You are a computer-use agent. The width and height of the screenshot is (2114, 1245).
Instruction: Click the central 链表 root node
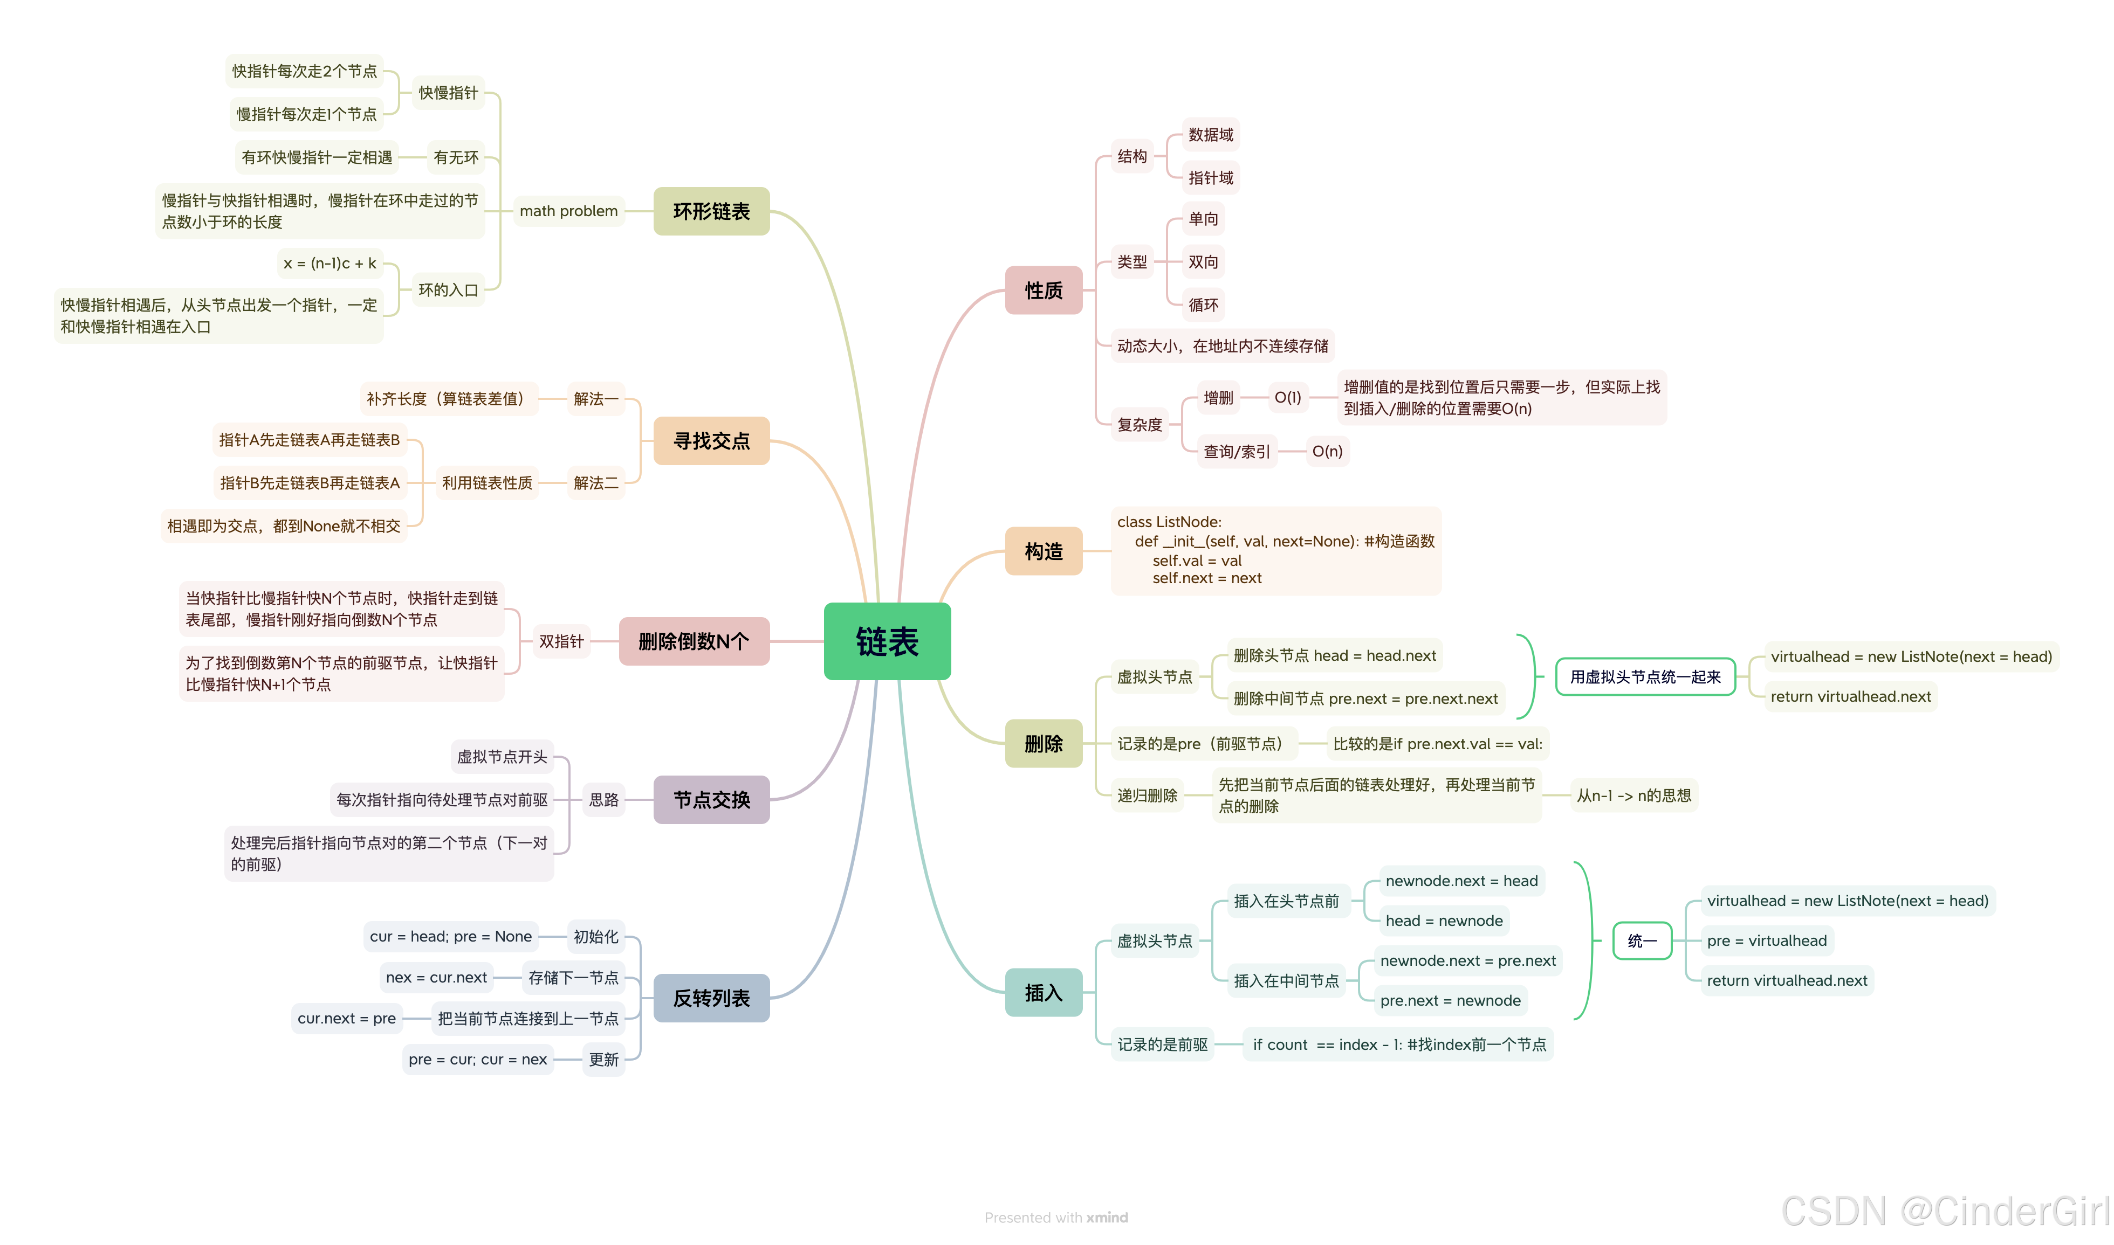click(887, 642)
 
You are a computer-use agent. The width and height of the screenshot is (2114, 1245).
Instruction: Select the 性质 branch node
click(1043, 290)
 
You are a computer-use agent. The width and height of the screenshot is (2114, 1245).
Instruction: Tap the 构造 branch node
click(1043, 551)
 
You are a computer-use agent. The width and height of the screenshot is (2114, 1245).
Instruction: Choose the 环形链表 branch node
click(711, 211)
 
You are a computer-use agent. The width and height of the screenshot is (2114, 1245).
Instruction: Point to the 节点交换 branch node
click(711, 799)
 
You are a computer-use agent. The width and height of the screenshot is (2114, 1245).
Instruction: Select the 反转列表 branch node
click(711, 998)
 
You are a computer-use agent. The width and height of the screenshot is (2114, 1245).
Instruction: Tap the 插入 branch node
click(1043, 992)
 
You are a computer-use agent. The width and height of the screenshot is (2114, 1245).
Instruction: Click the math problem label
click(568, 211)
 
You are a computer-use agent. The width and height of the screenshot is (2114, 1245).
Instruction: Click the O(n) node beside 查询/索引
click(1327, 451)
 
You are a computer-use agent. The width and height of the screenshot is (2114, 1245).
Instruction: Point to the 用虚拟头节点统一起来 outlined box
click(1645, 677)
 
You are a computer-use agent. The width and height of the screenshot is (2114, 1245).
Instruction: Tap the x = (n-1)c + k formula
click(330, 264)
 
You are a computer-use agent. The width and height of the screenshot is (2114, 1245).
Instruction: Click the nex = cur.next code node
click(436, 977)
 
